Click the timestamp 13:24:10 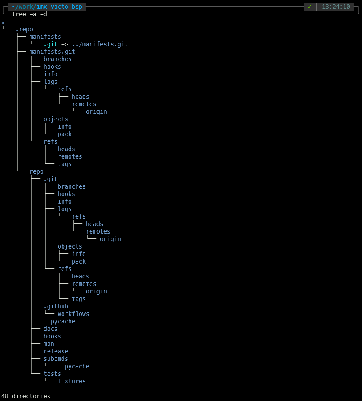pyautogui.click(x=336, y=7)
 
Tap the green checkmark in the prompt pyautogui.click(x=310, y=7)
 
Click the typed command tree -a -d pyautogui.click(x=30, y=14)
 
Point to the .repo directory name pyautogui.click(x=24, y=29)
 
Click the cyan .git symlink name pyautogui.click(x=51, y=44)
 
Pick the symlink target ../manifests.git pyautogui.click(x=100, y=44)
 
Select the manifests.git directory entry pyautogui.click(x=52, y=52)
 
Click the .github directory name pyautogui.click(x=56, y=306)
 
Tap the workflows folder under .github pyautogui.click(x=74, y=314)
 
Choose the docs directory pyautogui.click(x=51, y=329)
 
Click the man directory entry pyautogui.click(x=49, y=344)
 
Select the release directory pyautogui.click(x=56, y=351)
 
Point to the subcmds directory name pyautogui.click(x=56, y=359)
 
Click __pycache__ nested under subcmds pyautogui.click(x=77, y=366)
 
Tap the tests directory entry pyautogui.click(x=52, y=374)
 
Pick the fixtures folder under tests pyautogui.click(x=72, y=381)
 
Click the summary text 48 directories pyautogui.click(x=26, y=396)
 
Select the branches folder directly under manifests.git pyautogui.click(x=58, y=59)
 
